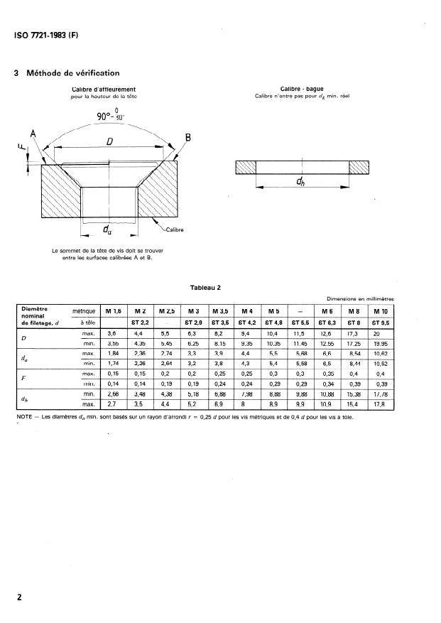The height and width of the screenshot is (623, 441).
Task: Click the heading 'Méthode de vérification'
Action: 72,72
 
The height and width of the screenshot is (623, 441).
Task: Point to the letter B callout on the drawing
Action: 188,137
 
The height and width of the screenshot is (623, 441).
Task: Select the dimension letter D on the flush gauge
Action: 110,142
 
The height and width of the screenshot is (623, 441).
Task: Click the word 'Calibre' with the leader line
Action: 175,230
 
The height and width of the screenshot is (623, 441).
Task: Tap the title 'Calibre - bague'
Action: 303,89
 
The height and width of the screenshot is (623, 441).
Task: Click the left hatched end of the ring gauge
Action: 245,168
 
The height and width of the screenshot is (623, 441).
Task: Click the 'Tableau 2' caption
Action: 206,288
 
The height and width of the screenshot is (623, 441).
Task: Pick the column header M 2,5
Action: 166,311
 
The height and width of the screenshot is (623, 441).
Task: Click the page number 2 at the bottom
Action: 20,597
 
